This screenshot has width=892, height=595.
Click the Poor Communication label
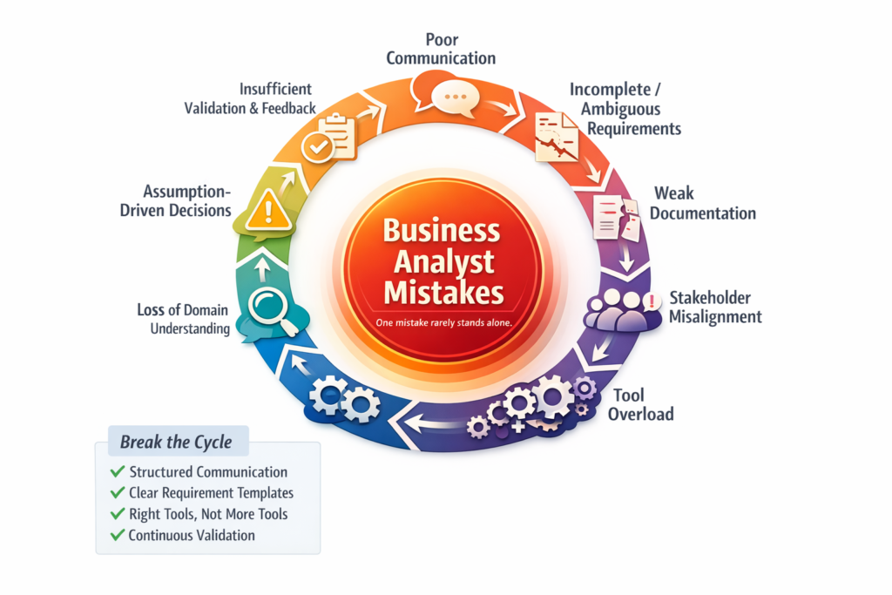[x=441, y=49]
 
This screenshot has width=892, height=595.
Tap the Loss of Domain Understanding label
[x=183, y=319]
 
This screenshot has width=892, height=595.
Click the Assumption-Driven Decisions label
[x=175, y=200]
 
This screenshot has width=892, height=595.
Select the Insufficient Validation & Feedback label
[x=249, y=98]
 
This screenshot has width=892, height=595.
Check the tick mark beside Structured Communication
[x=117, y=472]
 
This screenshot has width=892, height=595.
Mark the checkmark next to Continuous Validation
[x=117, y=535]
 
